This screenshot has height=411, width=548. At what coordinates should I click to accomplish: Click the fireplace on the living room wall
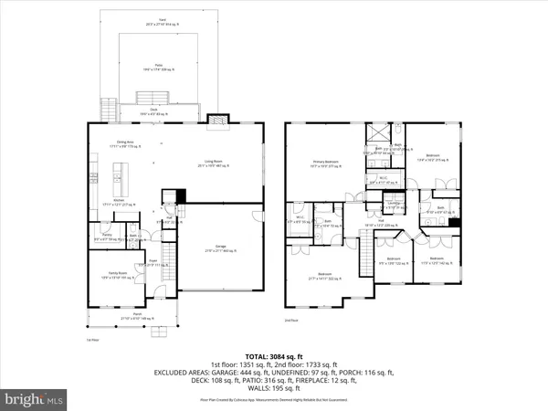point(215,119)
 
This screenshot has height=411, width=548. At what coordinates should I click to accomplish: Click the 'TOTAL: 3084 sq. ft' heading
point(274,356)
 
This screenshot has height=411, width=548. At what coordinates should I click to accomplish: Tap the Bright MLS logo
point(35,398)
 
